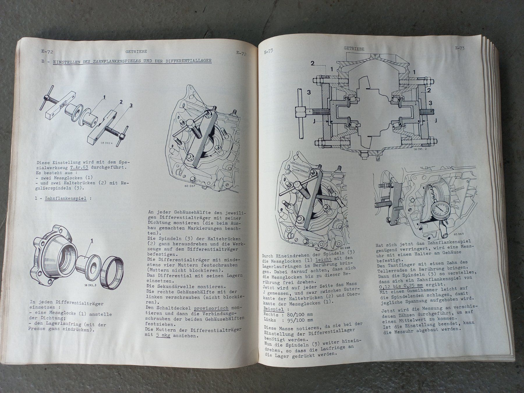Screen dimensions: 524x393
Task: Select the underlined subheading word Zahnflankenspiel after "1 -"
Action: (x=66, y=199)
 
